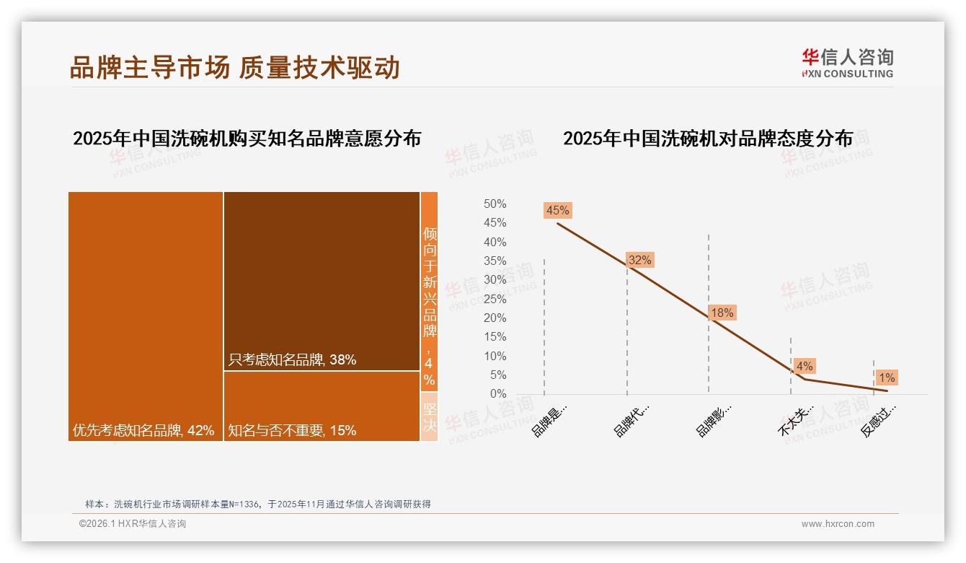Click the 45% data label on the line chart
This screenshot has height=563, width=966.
558,211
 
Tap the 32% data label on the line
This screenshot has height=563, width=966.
639,260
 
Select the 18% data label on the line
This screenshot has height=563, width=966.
722,313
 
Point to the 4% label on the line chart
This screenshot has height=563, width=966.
805,366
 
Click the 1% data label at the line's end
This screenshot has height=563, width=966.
887,377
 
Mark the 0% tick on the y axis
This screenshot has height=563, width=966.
498,394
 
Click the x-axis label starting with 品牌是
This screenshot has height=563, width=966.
550,420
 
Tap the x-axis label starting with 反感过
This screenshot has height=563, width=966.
879,420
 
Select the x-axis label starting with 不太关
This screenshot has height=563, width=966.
796,420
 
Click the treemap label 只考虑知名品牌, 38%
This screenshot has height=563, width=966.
292,359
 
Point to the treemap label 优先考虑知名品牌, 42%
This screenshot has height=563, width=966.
143,430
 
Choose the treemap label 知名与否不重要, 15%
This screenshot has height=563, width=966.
292,430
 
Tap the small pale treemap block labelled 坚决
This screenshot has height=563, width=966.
429,416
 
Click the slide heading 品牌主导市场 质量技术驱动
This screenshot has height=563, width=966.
234,67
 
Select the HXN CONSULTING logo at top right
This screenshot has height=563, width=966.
847,63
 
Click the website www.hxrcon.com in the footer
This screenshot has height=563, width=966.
838,524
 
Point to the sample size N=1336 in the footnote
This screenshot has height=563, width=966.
242,504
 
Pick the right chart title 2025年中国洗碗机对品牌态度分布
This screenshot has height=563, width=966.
707,138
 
